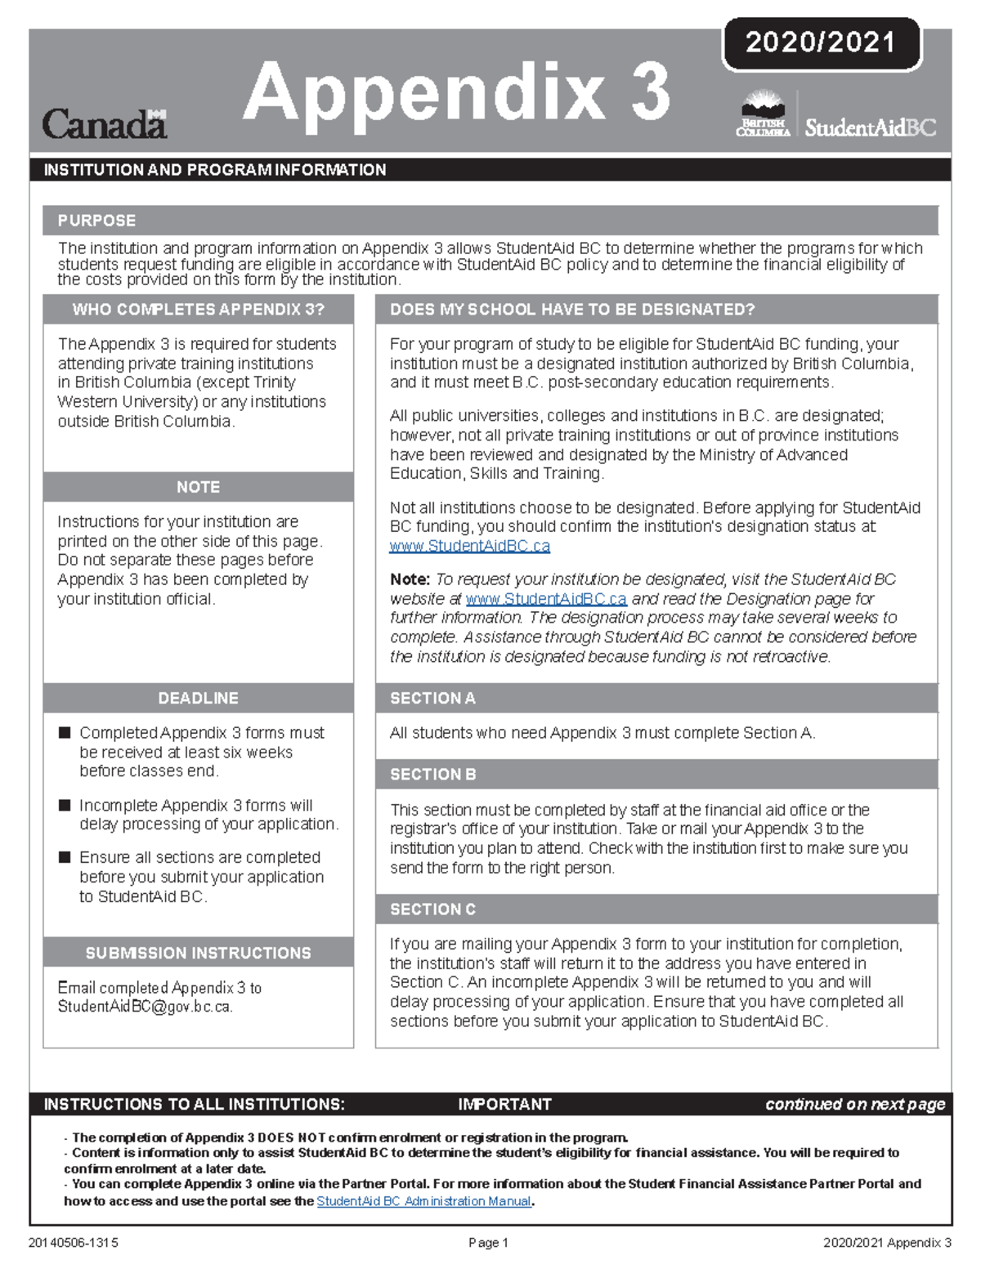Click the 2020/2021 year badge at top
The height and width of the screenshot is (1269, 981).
click(821, 42)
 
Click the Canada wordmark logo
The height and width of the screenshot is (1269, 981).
click(104, 124)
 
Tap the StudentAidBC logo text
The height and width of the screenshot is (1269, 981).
click(870, 127)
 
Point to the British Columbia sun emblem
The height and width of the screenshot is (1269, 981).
click(762, 105)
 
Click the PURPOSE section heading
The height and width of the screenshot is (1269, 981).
click(96, 221)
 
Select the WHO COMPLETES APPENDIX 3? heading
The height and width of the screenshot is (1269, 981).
click(198, 310)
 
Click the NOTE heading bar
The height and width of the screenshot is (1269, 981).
click(198, 487)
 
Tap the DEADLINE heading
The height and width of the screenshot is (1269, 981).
click(198, 699)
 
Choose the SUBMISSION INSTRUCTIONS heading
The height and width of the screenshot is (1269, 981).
click(198, 953)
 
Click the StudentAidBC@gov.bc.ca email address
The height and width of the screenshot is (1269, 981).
click(145, 1007)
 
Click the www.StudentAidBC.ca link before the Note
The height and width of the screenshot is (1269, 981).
click(469, 546)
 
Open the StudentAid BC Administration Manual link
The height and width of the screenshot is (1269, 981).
click(423, 1201)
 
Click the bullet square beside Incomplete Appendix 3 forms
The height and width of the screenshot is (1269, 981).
click(65, 806)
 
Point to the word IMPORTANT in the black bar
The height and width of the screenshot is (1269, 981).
click(504, 1105)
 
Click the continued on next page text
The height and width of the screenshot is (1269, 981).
click(854, 1105)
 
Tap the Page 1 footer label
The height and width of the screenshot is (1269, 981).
click(488, 1243)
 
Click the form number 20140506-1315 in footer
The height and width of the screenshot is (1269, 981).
click(74, 1243)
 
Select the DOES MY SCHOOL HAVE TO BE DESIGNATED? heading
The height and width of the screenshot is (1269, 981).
click(572, 310)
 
